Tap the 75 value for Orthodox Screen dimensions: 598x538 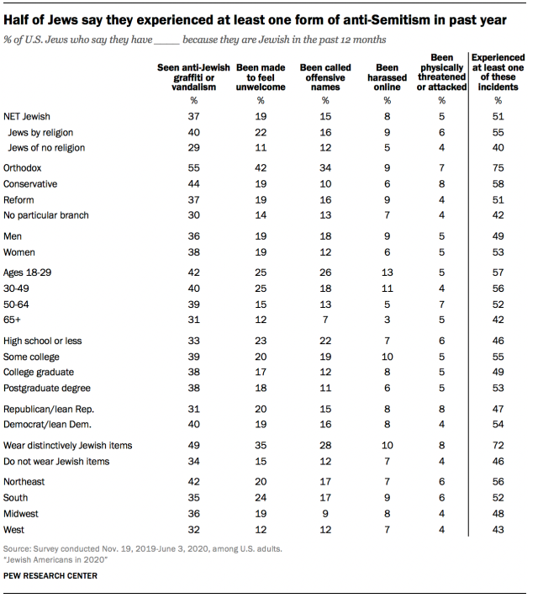[496, 168]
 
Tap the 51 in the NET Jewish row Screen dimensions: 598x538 [496, 116]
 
